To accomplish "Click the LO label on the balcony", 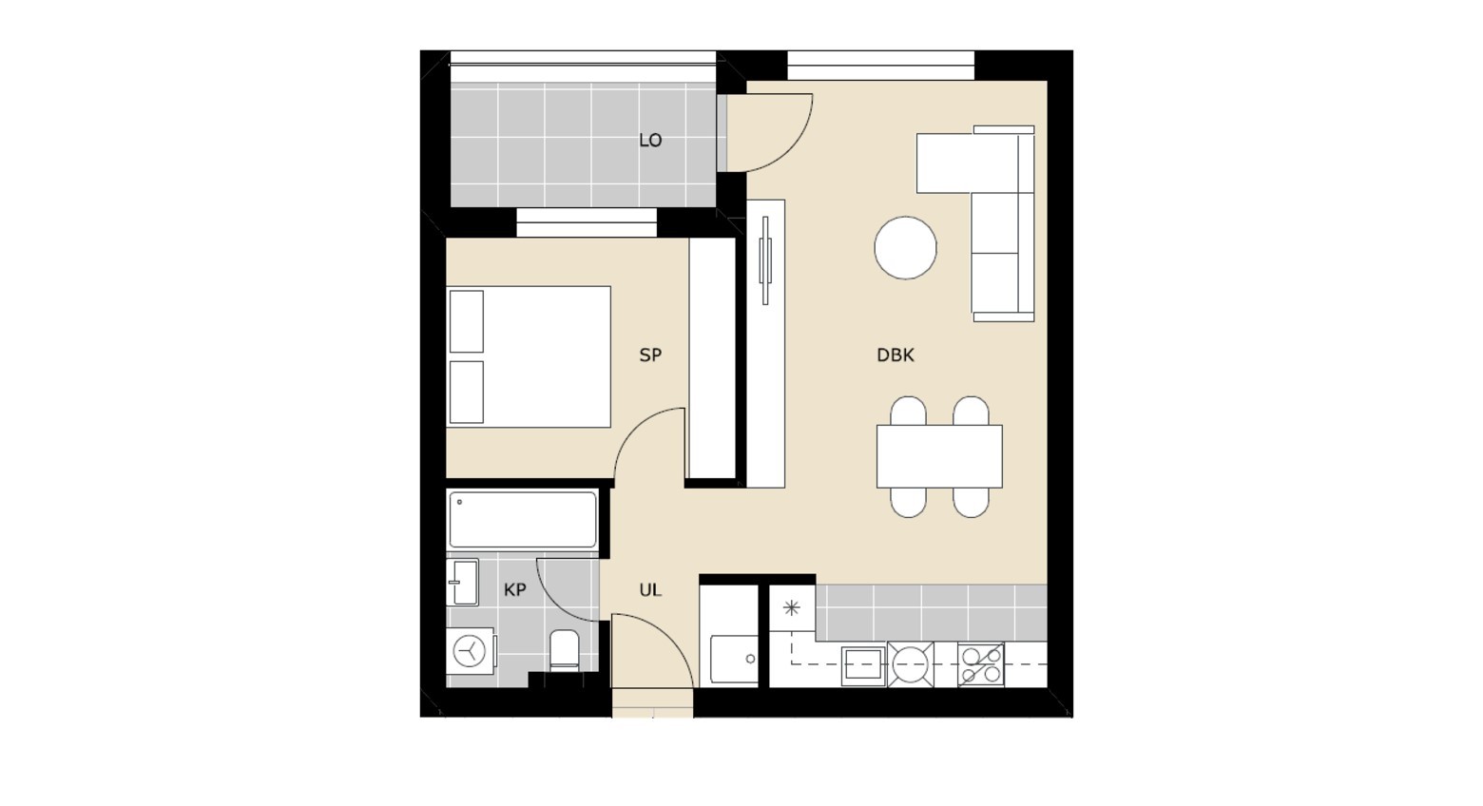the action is pyautogui.click(x=650, y=141).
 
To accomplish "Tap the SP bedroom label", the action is pyautogui.click(x=650, y=355).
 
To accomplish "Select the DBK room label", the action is pyautogui.click(x=896, y=355).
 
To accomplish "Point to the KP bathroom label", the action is pyautogui.click(x=515, y=589).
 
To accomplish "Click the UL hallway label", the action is pyautogui.click(x=650, y=589).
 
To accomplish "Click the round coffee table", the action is pyautogui.click(x=905, y=247).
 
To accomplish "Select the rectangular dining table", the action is pyautogui.click(x=939, y=456).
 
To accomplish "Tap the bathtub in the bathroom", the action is pyautogui.click(x=522, y=520).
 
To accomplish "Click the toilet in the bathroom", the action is pyautogui.click(x=564, y=650).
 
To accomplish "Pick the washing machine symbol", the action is pyautogui.click(x=470, y=651).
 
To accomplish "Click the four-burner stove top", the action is pyautogui.click(x=980, y=664).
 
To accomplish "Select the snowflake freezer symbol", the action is pyautogui.click(x=791, y=608).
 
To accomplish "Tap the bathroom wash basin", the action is pyautogui.click(x=462, y=583).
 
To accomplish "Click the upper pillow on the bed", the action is pyautogui.click(x=466, y=321).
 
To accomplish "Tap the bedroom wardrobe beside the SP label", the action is pyautogui.click(x=712, y=358).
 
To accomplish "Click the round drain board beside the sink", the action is pyautogui.click(x=911, y=664).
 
